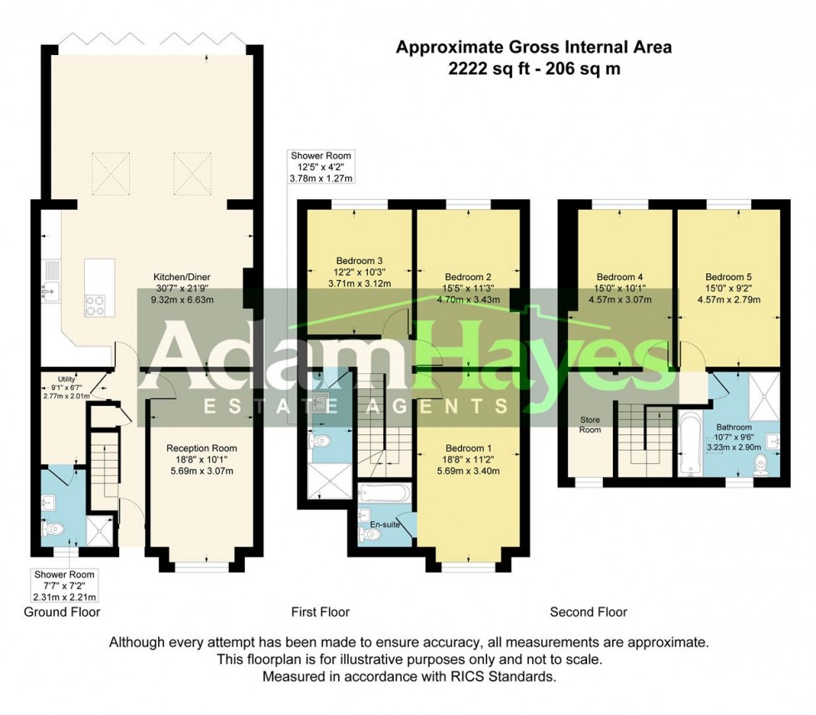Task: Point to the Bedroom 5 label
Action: pos(728,277)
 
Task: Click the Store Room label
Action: pos(590,425)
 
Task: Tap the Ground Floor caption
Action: pos(62,612)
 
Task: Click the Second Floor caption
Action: pos(588,612)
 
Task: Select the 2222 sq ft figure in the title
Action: pos(483,70)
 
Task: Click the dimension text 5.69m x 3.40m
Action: pos(471,470)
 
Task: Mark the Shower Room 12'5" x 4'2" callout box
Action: pos(321,166)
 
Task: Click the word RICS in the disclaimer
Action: pos(470,677)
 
